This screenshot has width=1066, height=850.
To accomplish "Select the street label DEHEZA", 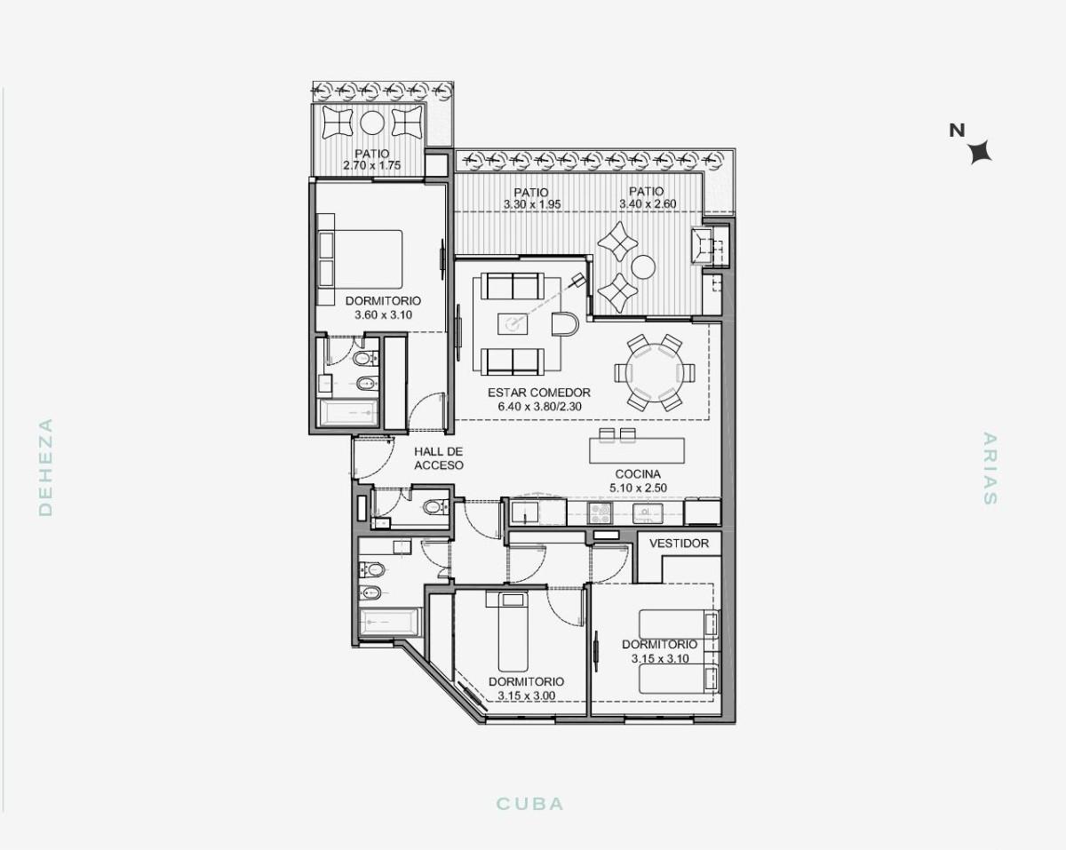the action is pos(45,467).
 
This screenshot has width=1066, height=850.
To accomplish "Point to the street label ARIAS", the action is pos(990,469).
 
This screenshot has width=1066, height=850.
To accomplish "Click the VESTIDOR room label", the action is pos(679,544).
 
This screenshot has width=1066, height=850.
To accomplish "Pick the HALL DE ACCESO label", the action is pos(438,458).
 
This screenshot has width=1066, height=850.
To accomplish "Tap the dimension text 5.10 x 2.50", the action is pos(638,488).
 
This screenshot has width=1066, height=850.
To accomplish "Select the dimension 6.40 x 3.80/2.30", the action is pos(539,407).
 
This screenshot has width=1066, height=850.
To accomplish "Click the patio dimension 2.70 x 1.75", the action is pos(372,165).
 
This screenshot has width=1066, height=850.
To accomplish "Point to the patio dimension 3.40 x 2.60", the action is pos(648,203).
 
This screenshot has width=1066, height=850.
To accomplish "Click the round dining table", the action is pos(655,372).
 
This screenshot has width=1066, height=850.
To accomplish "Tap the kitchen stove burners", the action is pos(600,512).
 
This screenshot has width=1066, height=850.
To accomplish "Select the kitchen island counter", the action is pos(637,451).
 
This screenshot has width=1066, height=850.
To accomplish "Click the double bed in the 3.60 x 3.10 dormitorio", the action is pos(360,259).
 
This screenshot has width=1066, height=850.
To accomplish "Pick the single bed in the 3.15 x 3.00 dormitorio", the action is pos(513,632).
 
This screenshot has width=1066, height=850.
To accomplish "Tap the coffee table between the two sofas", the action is pos(513,324).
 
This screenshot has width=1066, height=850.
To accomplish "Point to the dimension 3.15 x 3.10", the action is pos(660,658).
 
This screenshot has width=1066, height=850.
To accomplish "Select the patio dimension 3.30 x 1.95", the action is pos(532,204).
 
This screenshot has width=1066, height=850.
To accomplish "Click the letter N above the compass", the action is pos(957,131).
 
